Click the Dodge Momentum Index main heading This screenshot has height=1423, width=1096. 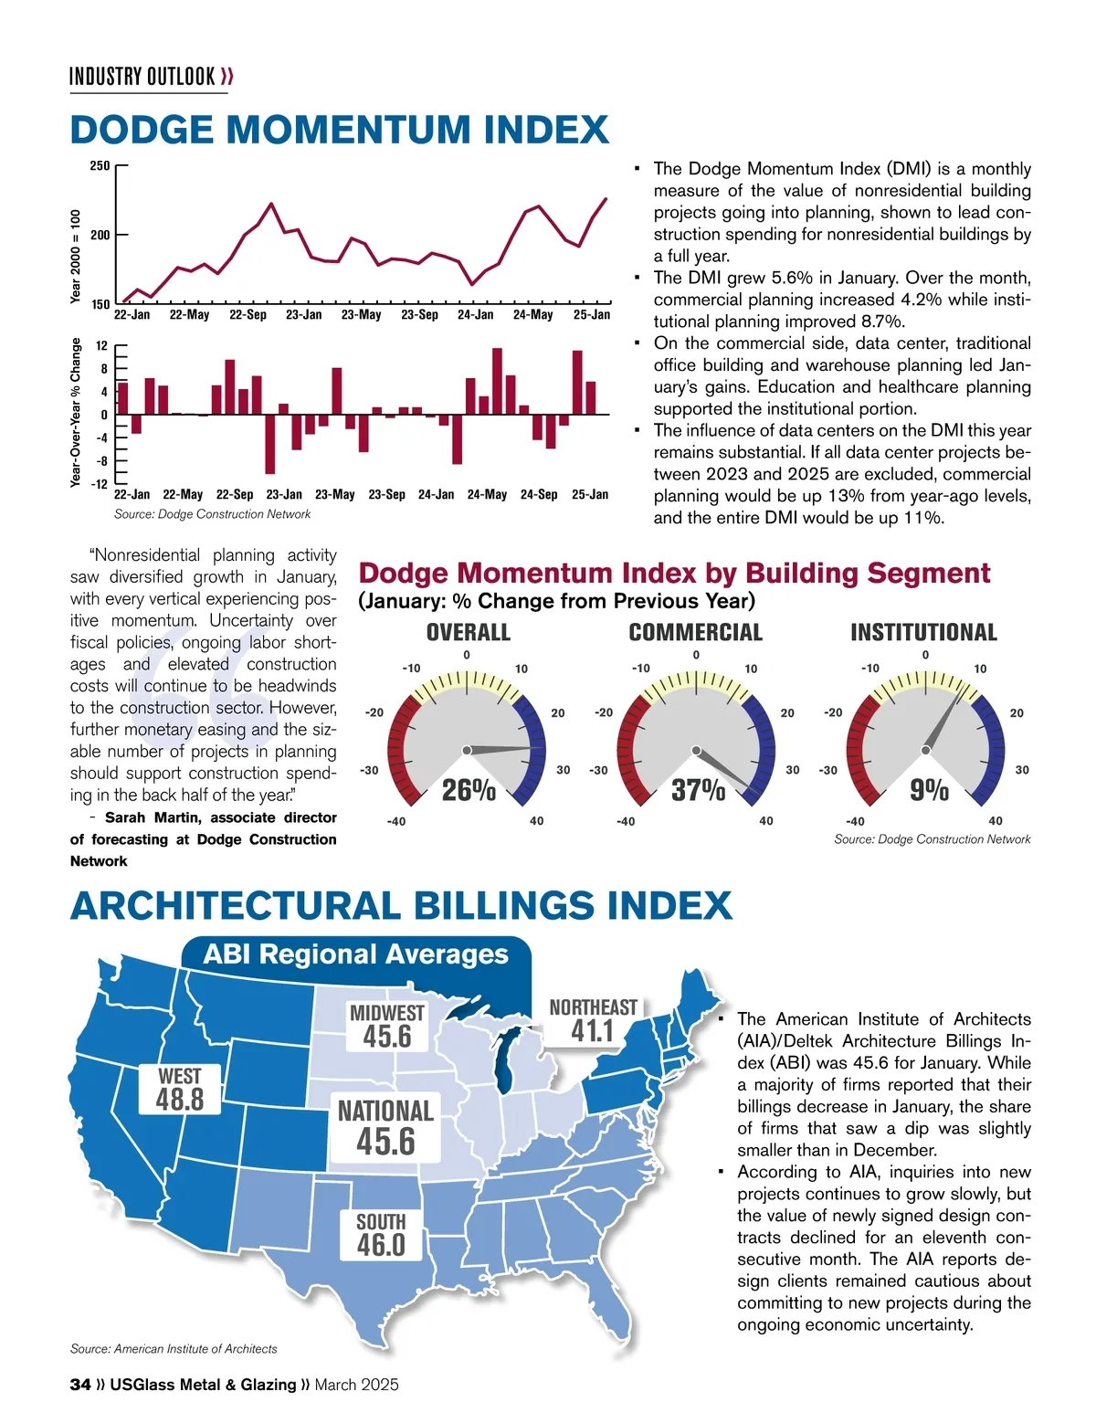point(339,130)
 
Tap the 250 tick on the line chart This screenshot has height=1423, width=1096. point(100,166)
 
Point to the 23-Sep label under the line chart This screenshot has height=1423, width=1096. point(419,315)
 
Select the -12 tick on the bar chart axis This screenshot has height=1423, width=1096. point(99,483)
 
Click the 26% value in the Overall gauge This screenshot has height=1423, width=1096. point(469,790)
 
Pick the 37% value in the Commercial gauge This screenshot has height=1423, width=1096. point(698,790)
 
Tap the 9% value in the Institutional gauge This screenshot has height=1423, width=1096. point(929,790)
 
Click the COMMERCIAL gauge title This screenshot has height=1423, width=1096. point(695,632)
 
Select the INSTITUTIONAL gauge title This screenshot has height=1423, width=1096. point(923,632)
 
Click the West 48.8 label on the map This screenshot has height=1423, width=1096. point(180,1089)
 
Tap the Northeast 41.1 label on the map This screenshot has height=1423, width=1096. point(593,1020)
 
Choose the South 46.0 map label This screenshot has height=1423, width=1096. point(381,1235)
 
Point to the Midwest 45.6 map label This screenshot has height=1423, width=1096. point(387,1026)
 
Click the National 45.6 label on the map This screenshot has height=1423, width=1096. point(385,1127)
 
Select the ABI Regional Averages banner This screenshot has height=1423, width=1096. point(355,954)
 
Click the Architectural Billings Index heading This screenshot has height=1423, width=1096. point(401,906)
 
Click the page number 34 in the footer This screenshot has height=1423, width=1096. point(80,1385)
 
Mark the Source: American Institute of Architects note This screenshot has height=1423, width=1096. point(174,1349)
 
